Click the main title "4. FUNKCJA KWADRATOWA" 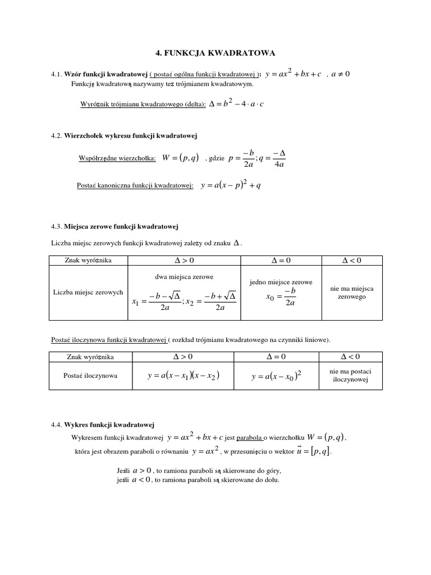(215, 52)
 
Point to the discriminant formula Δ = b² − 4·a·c (235, 104)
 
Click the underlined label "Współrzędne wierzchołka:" (117, 159)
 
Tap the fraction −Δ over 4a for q (279, 159)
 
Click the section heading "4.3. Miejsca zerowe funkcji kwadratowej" (114, 226)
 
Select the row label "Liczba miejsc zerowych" (88, 293)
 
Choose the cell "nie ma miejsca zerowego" (352, 292)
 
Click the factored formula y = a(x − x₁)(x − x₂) (183, 376)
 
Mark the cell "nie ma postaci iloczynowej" (352, 376)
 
